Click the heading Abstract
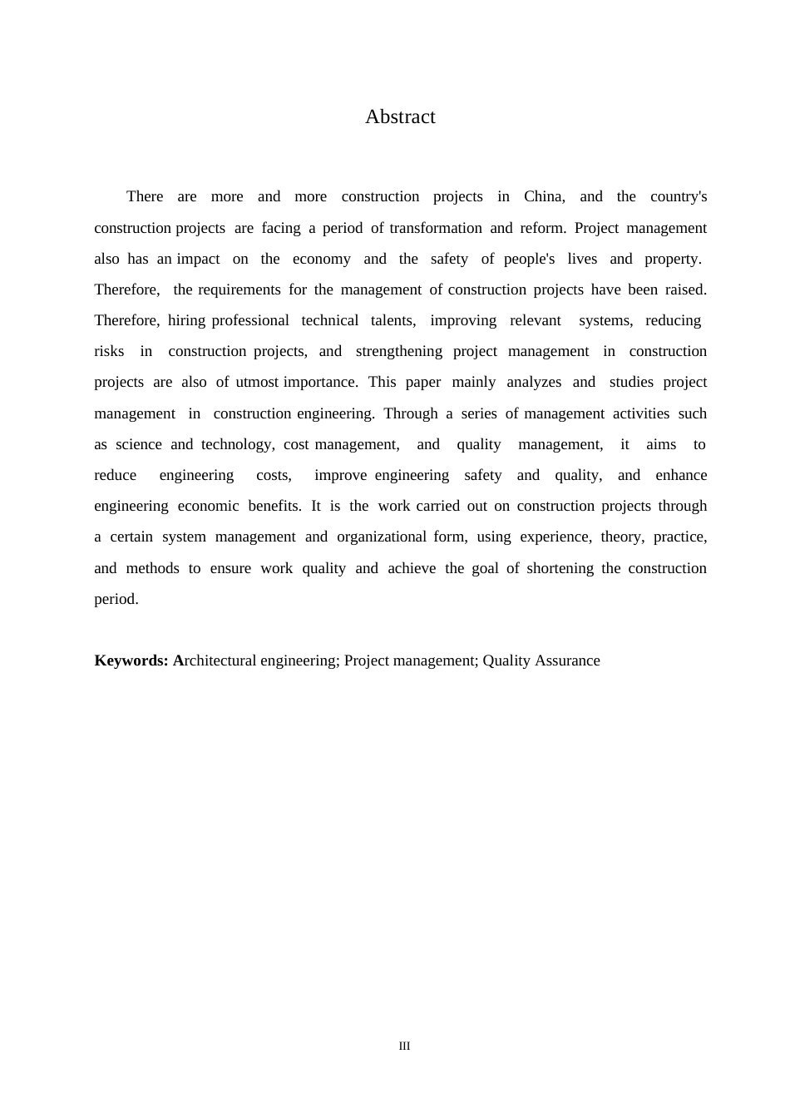400,117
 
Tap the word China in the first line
544,197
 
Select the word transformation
435,228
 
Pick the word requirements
239,289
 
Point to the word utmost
257,382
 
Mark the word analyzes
534,382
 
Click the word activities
641,413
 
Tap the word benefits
274,506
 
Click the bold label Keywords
131,660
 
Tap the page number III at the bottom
404,1046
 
